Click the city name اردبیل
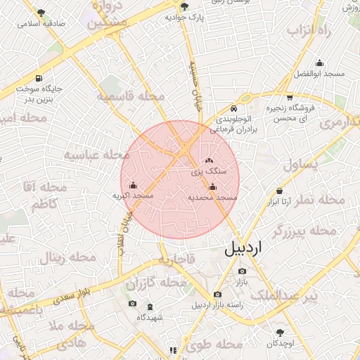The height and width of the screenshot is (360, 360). pos(252,249)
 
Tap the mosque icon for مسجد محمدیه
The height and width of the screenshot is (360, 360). pos(212,186)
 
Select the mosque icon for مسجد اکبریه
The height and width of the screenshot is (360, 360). pos(133,185)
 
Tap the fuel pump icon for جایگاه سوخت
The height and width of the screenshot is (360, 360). pos(37,78)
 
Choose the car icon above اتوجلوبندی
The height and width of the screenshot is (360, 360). pos(233,109)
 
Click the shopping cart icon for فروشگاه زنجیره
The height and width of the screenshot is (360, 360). pos(290,98)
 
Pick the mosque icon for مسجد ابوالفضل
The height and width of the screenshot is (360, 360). pos(320,63)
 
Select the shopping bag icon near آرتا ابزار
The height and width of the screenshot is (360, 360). pos(280,191)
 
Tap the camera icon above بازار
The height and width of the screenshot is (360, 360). pos(242,271)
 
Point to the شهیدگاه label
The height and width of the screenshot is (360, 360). pos(150,317)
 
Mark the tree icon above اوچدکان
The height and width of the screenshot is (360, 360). pos(280,331)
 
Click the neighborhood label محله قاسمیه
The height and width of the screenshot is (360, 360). pos(131,96)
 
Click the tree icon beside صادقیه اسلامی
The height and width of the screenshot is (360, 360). pos(41,12)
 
